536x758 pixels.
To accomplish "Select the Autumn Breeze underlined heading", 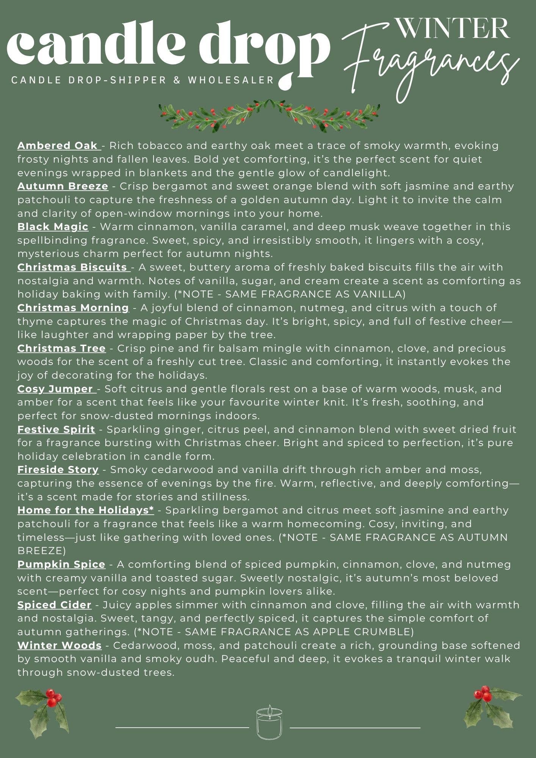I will pyautogui.click(x=63, y=186).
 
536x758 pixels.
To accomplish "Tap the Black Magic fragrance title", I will pyautogui.click(x=53, y=227).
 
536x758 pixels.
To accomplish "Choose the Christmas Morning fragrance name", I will pyautogui.click(x=73, y=308).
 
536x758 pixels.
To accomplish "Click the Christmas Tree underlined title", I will pyautogui.click(x=61, y=348).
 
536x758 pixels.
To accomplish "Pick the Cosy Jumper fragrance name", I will pyautogui.click(x=56, y=389).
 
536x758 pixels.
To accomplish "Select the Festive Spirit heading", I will pyautogui.click(x=56, y=429).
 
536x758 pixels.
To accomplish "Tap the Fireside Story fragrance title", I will pyautogui.click(x=58, y=470).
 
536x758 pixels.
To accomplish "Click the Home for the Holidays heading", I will pyautogui.click(x=86, y=510).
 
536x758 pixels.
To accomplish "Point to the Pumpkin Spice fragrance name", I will pyautogui.click(x=61, y=564).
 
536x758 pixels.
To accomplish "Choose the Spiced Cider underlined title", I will pyautogui.click(x=55, y=605).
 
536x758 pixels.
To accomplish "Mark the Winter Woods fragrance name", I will pyautogui.click(x=60, y=645).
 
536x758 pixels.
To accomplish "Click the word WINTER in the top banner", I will pyautogui.click(x=452, y=28).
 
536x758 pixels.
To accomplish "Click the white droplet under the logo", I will pyautogui.click(x=284, y=81).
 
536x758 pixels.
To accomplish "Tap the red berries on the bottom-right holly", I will pyautogui.click(x=483, y=694).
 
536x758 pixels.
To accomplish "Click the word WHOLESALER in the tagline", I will pyautogui.click(x=231, y=80).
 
